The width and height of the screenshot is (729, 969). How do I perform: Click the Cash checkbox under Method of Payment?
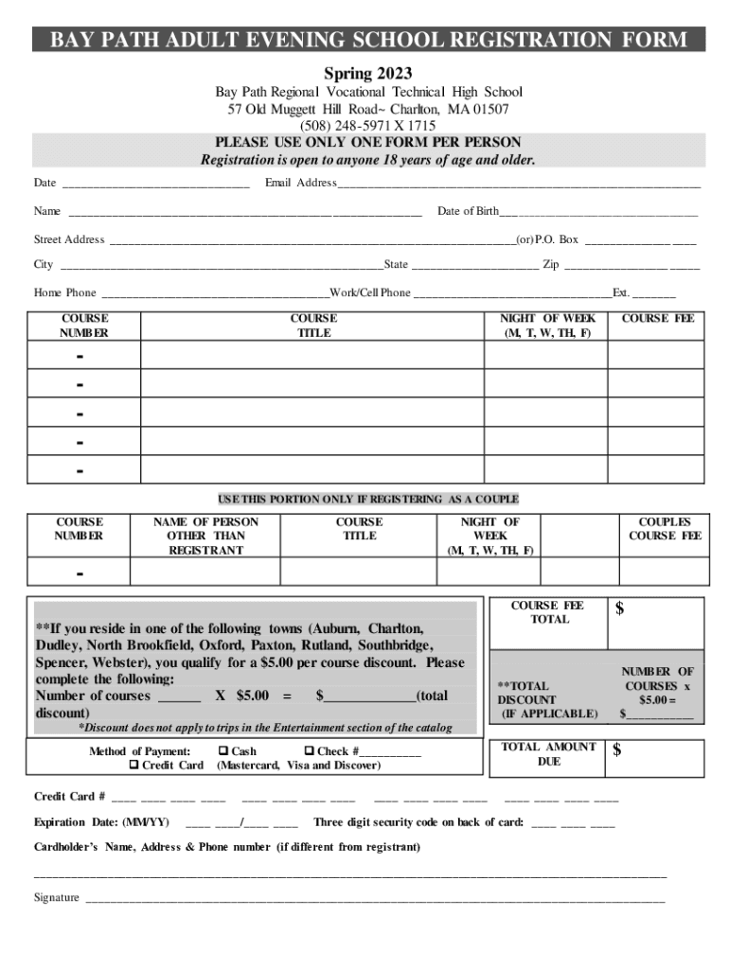click(223, 751)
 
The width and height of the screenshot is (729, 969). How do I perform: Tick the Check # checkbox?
click(308, 751)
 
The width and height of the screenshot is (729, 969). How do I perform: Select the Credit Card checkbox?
click(133, 765)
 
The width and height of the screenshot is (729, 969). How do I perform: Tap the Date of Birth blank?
click(598, 212)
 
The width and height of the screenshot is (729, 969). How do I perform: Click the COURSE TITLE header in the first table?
click(312, 326)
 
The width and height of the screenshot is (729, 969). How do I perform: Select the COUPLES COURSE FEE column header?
click(665, 528)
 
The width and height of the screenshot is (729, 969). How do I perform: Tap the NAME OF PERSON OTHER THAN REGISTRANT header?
click(205, 536)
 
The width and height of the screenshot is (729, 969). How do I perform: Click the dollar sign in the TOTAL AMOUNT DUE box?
click(617, 751)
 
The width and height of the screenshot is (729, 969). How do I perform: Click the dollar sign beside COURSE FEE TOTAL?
click(620, 609)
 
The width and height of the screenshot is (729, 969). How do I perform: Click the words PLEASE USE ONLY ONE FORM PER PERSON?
click(367, 143)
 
